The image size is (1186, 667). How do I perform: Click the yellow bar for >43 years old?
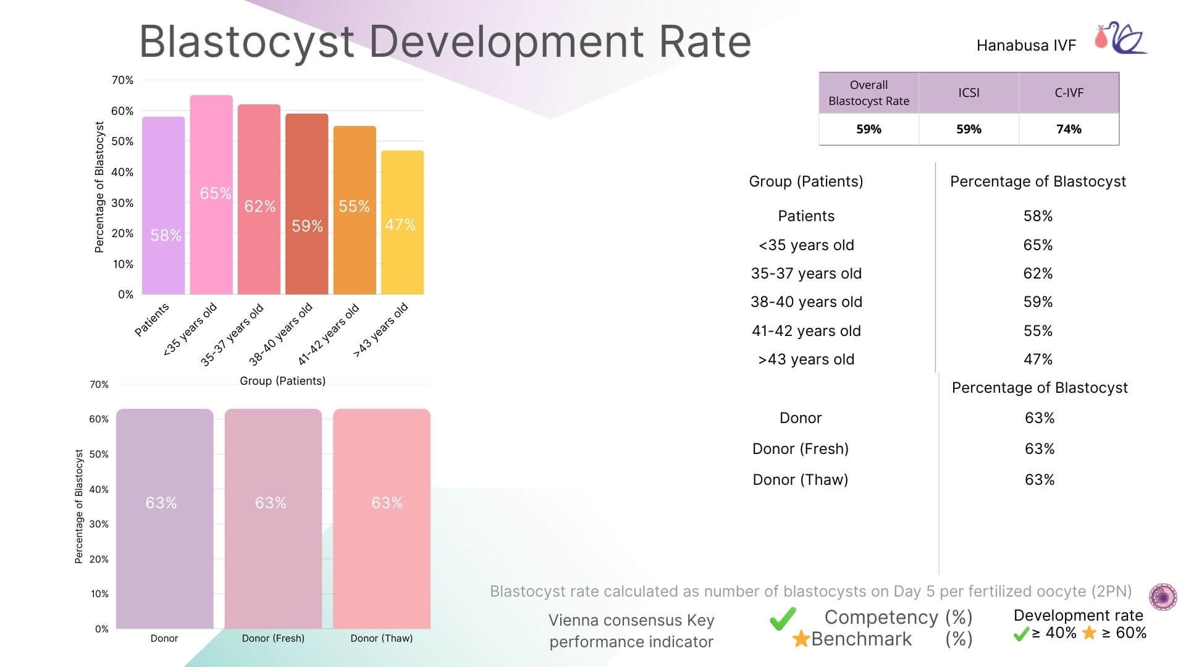402,223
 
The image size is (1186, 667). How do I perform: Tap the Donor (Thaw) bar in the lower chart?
382,519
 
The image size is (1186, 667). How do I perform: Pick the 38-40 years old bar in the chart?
306,204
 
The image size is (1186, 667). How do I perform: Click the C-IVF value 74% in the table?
1069,129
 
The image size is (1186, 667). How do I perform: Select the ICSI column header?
969,93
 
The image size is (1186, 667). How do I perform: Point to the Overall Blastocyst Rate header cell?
868,93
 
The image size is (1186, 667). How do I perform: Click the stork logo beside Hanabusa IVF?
1121,40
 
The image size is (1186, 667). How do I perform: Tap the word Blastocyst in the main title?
246,42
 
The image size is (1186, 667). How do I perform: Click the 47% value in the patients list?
1038,359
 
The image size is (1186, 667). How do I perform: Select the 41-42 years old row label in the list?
806,331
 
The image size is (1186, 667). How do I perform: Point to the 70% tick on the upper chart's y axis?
122,80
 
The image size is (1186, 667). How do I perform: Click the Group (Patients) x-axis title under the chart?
282,381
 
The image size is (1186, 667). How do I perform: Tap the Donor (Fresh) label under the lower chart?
273,639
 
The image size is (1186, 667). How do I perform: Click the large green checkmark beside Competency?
783,618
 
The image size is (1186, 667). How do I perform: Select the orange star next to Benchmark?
801,639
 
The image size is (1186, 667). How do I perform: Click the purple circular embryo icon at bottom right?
1163,597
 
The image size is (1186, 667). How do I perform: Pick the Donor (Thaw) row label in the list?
800,480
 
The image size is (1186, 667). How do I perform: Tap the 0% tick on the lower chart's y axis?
102,629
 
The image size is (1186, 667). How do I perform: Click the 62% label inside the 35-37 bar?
259,206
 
